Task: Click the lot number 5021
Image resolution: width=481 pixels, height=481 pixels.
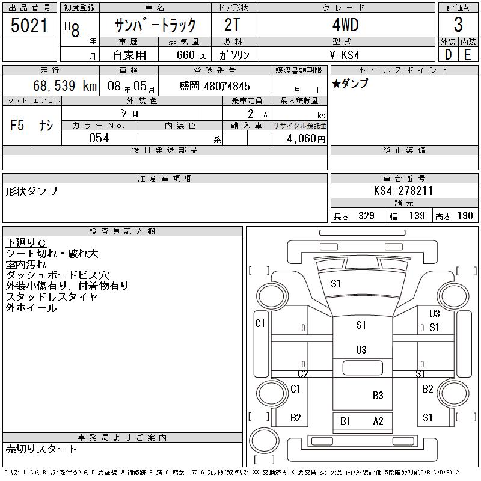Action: click(29, 25)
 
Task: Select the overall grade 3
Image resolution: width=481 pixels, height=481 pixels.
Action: click(458, 25)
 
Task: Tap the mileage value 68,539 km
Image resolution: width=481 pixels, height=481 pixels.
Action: click(65, 85)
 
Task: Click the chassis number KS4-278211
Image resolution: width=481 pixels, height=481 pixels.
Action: click(403, 191)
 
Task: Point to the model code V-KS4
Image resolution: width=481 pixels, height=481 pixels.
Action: click(344, 55)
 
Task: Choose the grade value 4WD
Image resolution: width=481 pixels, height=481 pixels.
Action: click(345, 25)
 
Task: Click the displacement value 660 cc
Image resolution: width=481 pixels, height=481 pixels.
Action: click(191, 55)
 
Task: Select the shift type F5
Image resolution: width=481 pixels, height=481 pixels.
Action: click(17, 125)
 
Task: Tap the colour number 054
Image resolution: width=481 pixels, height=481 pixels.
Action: click(99, 138)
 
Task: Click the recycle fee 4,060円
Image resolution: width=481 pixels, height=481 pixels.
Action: click(306, 139)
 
